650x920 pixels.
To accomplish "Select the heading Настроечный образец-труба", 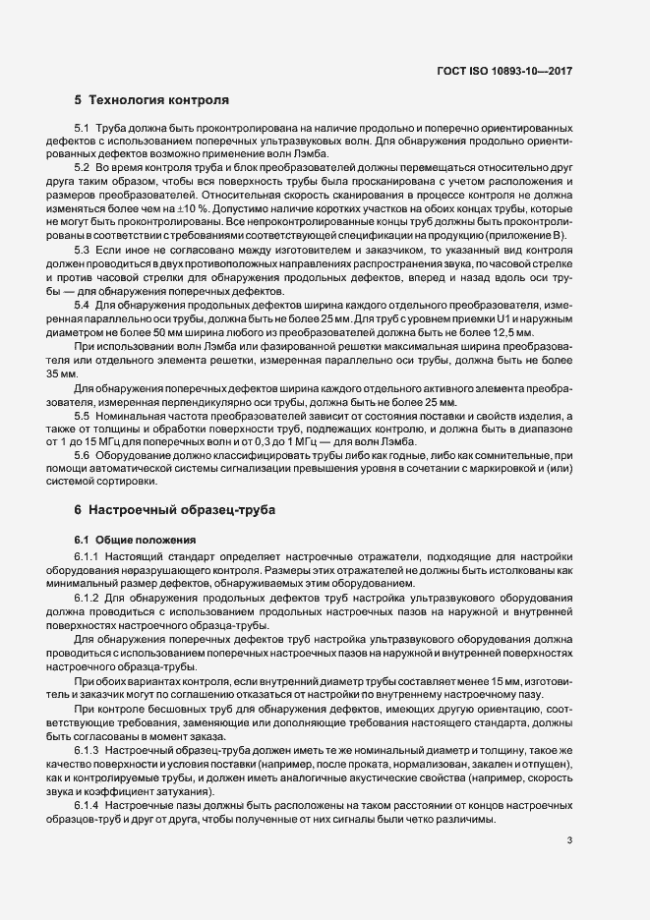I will [x=181, y=511].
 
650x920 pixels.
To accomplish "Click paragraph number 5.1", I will [x=83, y=129].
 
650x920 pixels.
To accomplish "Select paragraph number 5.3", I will [x=83, y=252].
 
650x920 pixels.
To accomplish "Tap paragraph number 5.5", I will [x=83, y=416].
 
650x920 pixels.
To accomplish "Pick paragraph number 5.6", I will [x=83, y=457].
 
